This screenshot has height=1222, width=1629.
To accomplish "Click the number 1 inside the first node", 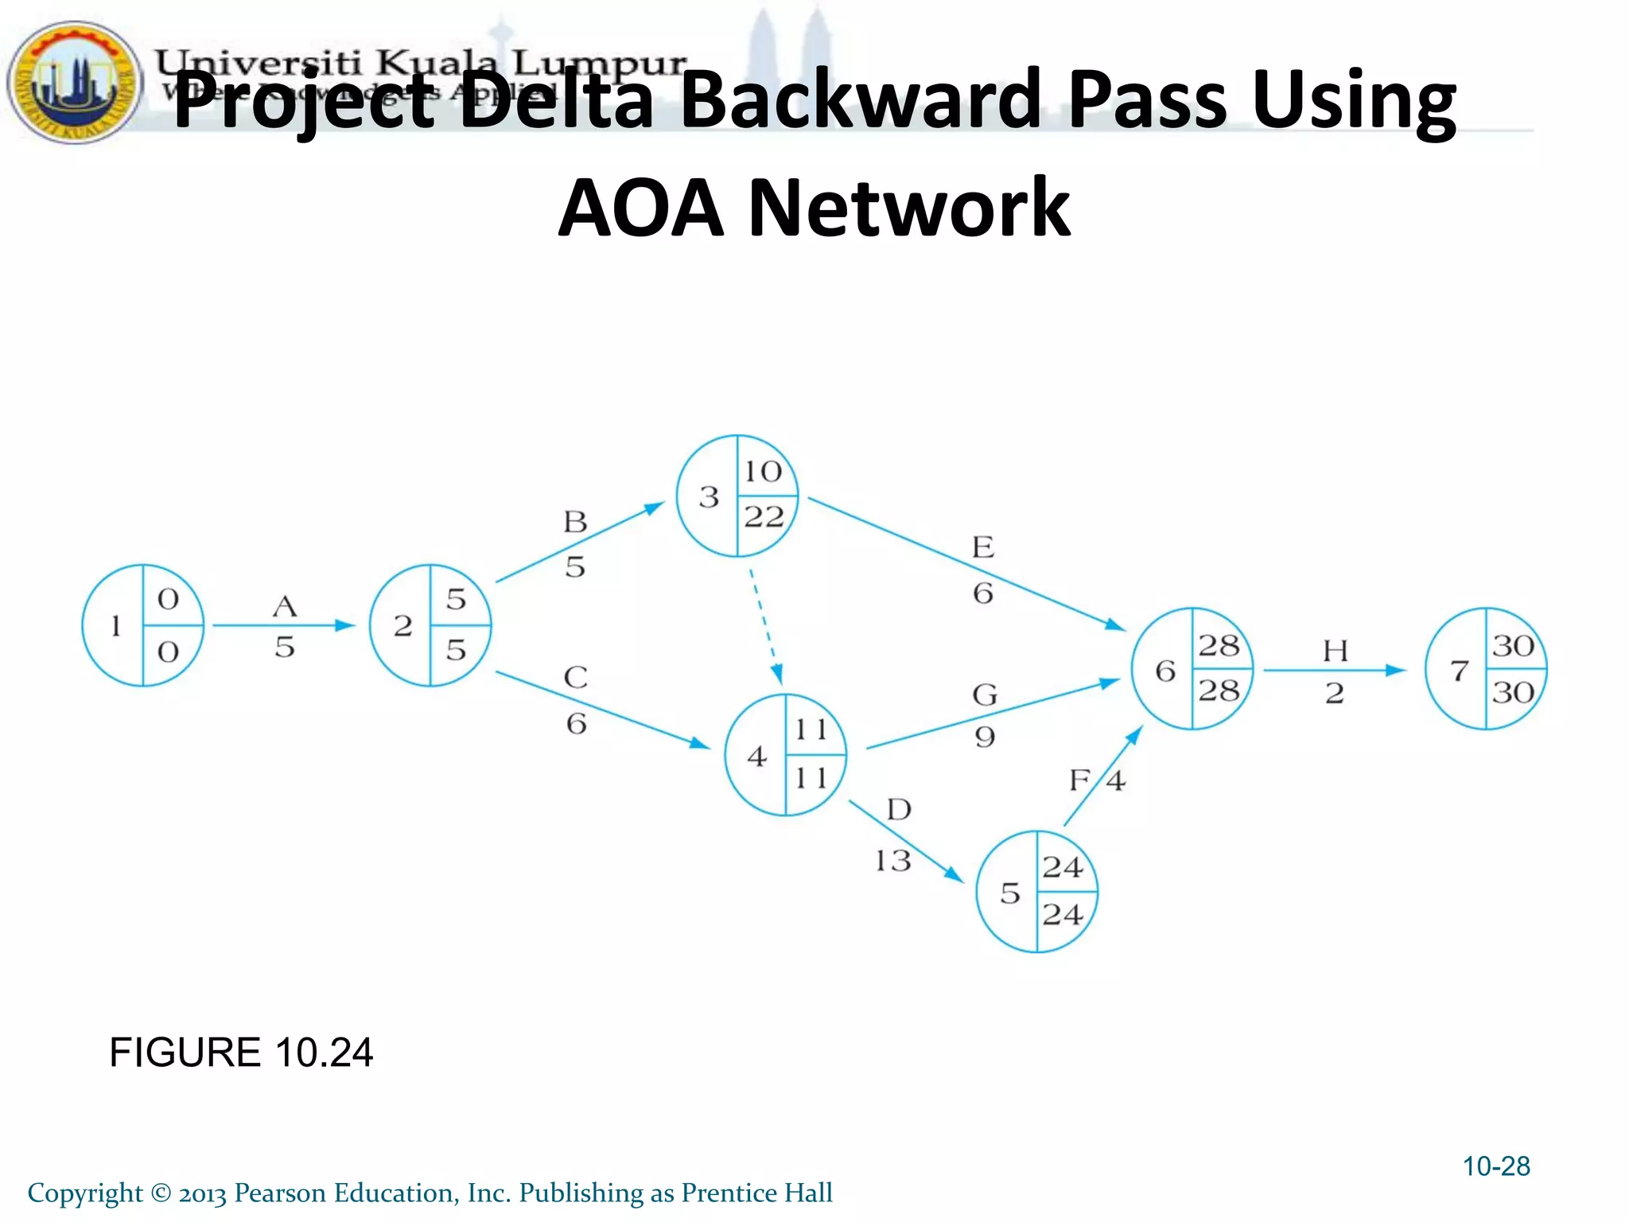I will click(116, 626).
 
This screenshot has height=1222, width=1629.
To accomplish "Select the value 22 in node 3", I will click(764, 518).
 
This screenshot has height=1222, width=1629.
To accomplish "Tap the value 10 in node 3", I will click(763, 472).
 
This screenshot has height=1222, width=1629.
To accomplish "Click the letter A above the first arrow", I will click(285, 607).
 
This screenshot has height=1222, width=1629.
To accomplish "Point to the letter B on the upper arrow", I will click(575, 523).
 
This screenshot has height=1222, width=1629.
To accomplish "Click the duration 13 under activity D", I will click(892, 861).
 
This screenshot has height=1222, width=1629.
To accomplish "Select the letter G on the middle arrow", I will click(985, 695).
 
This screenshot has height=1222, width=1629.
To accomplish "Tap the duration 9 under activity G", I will click(985, 737).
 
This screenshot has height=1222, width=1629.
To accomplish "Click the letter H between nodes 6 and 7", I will click(1335, 652).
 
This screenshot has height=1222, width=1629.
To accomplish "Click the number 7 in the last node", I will click(1459, 671).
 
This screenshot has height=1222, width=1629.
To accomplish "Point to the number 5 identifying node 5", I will click(1009, 893).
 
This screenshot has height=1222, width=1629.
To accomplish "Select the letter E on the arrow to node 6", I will click(983, 547).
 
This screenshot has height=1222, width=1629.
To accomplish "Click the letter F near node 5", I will click(1079, 780).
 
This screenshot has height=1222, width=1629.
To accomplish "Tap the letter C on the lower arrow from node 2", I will click(576, 678).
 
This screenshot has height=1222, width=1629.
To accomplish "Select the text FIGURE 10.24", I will click(241, 1053).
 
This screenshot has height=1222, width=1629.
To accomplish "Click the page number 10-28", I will click(1496, 1166).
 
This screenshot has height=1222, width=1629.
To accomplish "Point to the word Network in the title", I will click(909, 208).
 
